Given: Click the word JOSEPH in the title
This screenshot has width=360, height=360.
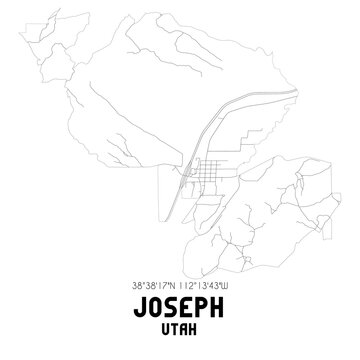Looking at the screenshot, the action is pyautogui.click(x=180, y=302).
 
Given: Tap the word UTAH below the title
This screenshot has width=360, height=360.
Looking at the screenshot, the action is pyautogui.click(x=180, y=327).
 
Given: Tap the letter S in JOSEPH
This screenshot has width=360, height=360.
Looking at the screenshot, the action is pyautogui.click(x=170, y=302).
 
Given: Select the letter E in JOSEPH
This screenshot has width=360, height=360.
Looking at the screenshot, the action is pyautogui.click(x=188, y=302).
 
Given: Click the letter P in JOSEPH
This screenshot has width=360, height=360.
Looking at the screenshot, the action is pyautogui.click(x=206, y=302).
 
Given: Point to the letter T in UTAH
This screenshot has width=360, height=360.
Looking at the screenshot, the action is pyautogui.click(x=175, y=327).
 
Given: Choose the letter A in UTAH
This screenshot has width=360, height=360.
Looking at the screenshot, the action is pyautogui.click(x=185, y=327).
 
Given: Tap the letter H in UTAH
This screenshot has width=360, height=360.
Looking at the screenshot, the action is pyautogui.click(x=196, y=327).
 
